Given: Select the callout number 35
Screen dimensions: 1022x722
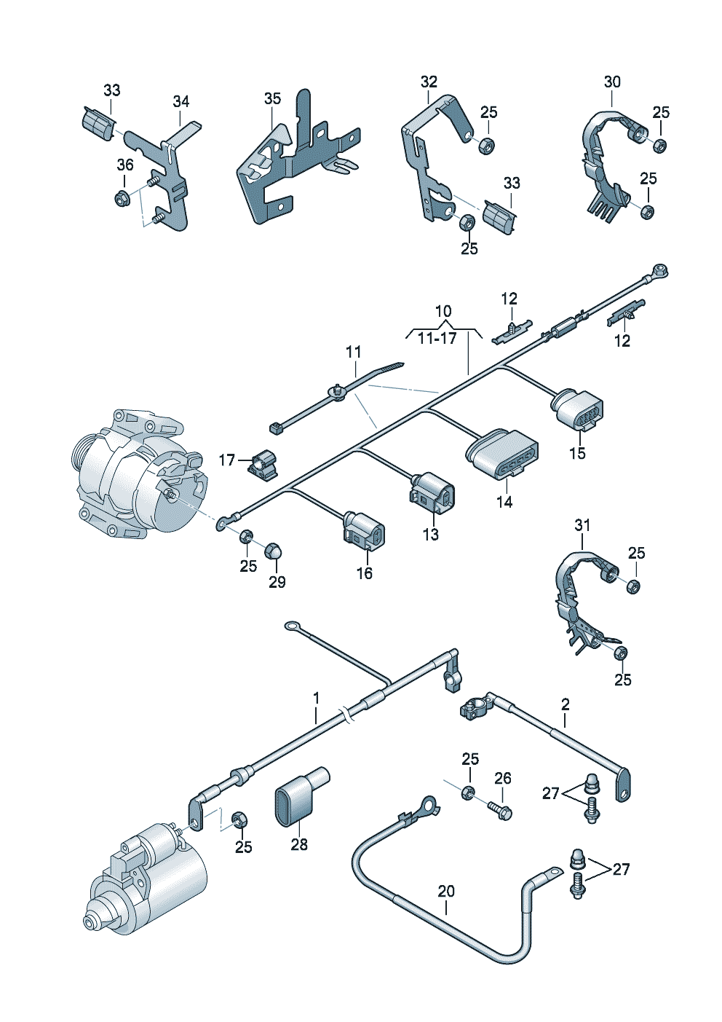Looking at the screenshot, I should tap(272, 98).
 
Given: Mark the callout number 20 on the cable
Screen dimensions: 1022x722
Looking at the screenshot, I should tap(446, 891).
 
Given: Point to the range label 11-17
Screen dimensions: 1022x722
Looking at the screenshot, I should tap(437, 338).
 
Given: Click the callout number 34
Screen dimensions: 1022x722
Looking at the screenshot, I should tap(180, 101).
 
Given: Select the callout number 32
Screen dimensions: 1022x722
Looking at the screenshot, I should tap(429, 82).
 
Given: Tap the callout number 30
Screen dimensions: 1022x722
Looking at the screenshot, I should tap(612, 82).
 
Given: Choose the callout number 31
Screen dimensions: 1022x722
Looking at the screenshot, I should tap(582, 525).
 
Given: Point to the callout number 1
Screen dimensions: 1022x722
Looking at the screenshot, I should tap(317, 699).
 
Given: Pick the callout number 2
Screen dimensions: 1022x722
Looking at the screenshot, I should tap(566, 704).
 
